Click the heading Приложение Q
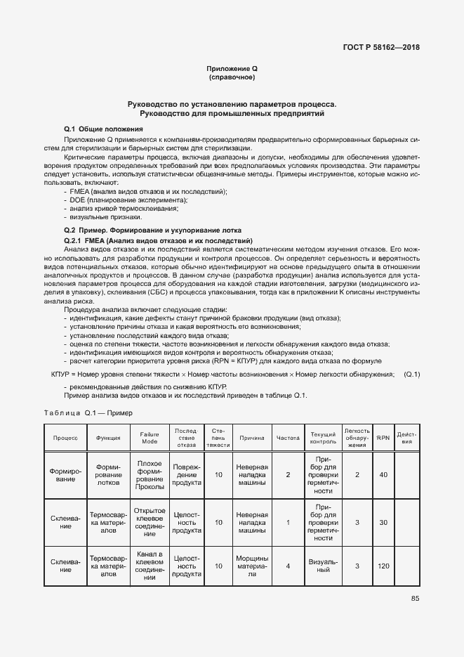[232, 68]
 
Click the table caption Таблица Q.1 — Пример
[88, 413]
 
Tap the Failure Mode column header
[150, 438]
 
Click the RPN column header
[383, 438]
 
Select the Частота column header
[288, 438]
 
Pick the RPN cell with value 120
[383, 565]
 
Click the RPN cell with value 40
[383, 475]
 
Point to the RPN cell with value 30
[383, 522]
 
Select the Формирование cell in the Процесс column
[65, 475]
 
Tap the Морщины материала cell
[251, 565]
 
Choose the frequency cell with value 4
[288, 565]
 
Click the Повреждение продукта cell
[187, 475]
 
